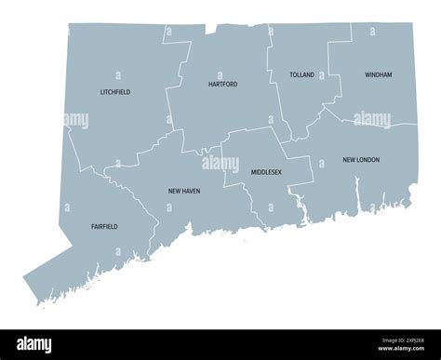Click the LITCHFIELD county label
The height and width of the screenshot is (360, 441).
pos(115,92)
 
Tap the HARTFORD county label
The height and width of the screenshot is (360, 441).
pos(222,84)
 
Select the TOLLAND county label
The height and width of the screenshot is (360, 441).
pos(301,74)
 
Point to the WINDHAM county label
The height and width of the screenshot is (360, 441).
pos(378,73)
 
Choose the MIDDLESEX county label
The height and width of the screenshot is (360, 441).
pos(266,172)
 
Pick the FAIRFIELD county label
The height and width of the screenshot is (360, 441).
pos(104,226)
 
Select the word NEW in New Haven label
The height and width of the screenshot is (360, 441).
pos(174,191)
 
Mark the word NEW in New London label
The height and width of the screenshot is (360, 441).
pos(350,160)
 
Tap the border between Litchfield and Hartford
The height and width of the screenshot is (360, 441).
pos(168,93)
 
